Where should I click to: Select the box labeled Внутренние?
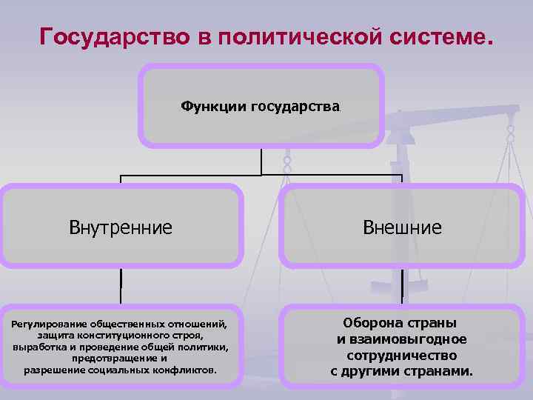coord(121,227)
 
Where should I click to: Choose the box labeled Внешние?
coord(402,227)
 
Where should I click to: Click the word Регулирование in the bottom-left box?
coord(48,324)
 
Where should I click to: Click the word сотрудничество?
coord(402,355)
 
